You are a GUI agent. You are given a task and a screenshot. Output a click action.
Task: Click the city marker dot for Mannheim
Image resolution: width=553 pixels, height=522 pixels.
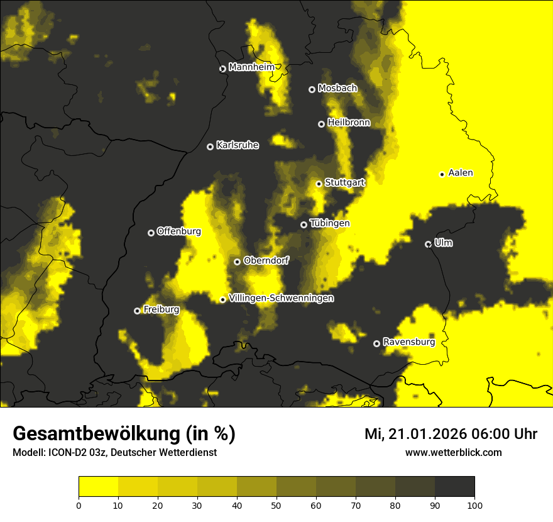click(222, 69)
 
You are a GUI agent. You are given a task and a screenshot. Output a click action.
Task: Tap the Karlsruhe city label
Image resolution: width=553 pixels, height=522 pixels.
click(238, 145)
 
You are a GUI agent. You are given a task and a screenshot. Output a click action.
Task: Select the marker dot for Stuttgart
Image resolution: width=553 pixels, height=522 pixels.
click(319, 184)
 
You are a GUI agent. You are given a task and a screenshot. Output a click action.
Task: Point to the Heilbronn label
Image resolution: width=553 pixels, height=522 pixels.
click(349, 123)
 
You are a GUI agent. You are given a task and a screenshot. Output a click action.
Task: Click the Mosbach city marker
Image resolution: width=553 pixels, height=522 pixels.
click(312, 89)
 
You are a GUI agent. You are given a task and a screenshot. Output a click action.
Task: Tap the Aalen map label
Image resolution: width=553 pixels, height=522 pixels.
click(461, 173)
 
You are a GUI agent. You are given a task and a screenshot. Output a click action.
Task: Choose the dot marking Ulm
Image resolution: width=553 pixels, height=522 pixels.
click(429, 244)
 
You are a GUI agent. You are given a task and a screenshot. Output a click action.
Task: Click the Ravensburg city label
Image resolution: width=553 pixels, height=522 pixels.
click(409, 342)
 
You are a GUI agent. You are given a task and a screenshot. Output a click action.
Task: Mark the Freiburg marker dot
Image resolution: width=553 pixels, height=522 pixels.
click(137, 311)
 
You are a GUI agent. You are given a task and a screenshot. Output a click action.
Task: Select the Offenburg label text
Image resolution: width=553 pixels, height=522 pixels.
click(179, 231)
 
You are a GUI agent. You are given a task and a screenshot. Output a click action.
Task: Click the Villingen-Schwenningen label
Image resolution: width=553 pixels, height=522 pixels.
click(282, 298)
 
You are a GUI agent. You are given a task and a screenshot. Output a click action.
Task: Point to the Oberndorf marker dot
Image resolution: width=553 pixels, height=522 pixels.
click(237, 262)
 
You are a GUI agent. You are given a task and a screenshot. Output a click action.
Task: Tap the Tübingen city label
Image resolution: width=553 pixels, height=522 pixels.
click(330, 223)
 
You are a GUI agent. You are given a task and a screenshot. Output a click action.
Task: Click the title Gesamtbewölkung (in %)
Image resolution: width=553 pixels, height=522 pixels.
click(124, 434)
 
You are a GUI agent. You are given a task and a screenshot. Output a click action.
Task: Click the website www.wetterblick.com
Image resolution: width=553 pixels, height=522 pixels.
click(453, 452)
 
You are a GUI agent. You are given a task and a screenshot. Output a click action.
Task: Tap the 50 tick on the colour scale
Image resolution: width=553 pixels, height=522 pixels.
click(276, 504)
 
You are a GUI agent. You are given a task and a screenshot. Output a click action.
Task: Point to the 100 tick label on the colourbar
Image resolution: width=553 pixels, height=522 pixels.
click(474, 504)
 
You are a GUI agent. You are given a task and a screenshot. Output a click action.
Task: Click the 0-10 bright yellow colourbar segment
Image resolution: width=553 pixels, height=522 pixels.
click(99, 487)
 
